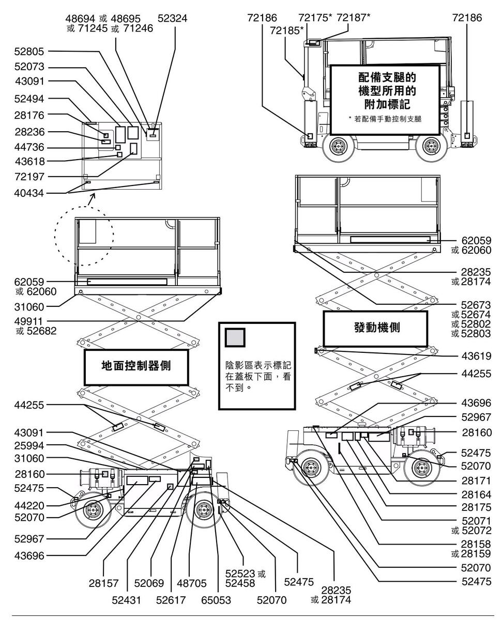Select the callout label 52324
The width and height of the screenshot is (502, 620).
pos(173,18)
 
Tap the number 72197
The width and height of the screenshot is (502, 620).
pos(29,177)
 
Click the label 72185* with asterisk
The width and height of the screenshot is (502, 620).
pos(285,30)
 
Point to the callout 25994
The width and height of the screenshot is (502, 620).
pos(29,445)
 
